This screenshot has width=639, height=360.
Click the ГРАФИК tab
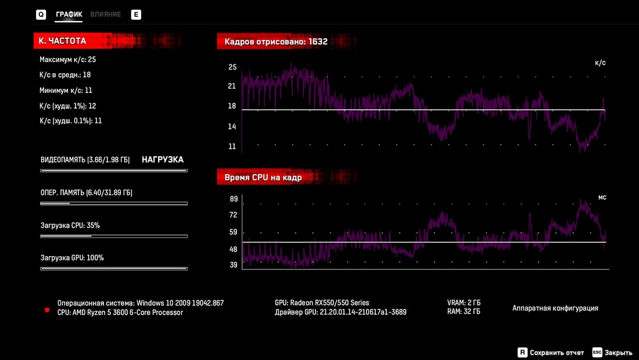coord(69,14)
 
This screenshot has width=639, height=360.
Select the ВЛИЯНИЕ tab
coord(106,14)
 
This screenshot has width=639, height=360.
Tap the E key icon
coord(136,15)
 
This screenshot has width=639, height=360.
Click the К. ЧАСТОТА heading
coord(63,41)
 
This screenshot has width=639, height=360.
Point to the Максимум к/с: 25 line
coord(67,59)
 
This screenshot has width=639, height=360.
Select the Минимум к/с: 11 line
coord(66,90)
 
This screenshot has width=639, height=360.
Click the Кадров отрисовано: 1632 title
coord(276,42)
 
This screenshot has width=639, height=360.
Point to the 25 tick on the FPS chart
coord(232,67)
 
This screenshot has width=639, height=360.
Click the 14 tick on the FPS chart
coord(232,127)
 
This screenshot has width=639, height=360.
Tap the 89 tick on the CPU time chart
coord(234,199)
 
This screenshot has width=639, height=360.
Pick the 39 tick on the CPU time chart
coord(234,265)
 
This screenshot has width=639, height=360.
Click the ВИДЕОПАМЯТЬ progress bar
coord(114,171)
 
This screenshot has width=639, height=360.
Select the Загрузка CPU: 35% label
coord(70,225)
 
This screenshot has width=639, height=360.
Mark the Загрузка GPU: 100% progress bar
coord(114,269)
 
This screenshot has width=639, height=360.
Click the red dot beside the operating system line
coord(47,310)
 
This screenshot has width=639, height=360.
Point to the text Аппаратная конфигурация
coord(555,308)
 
